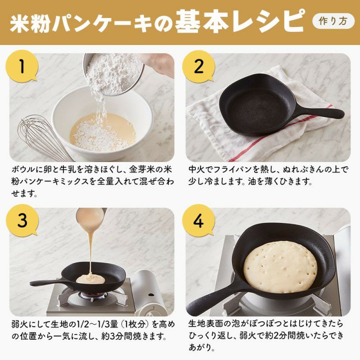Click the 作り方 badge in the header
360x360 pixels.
pos(333,21)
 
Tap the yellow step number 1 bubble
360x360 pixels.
pos(22,66)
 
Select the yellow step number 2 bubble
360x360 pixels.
pos(198,66)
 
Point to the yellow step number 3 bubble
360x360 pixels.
pos(22,220)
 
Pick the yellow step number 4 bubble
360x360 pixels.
pos(198,220)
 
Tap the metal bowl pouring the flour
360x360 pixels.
pos(113,74)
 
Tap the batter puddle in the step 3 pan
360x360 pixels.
pos(90,279)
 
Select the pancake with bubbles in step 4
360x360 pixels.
pos(280,267)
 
